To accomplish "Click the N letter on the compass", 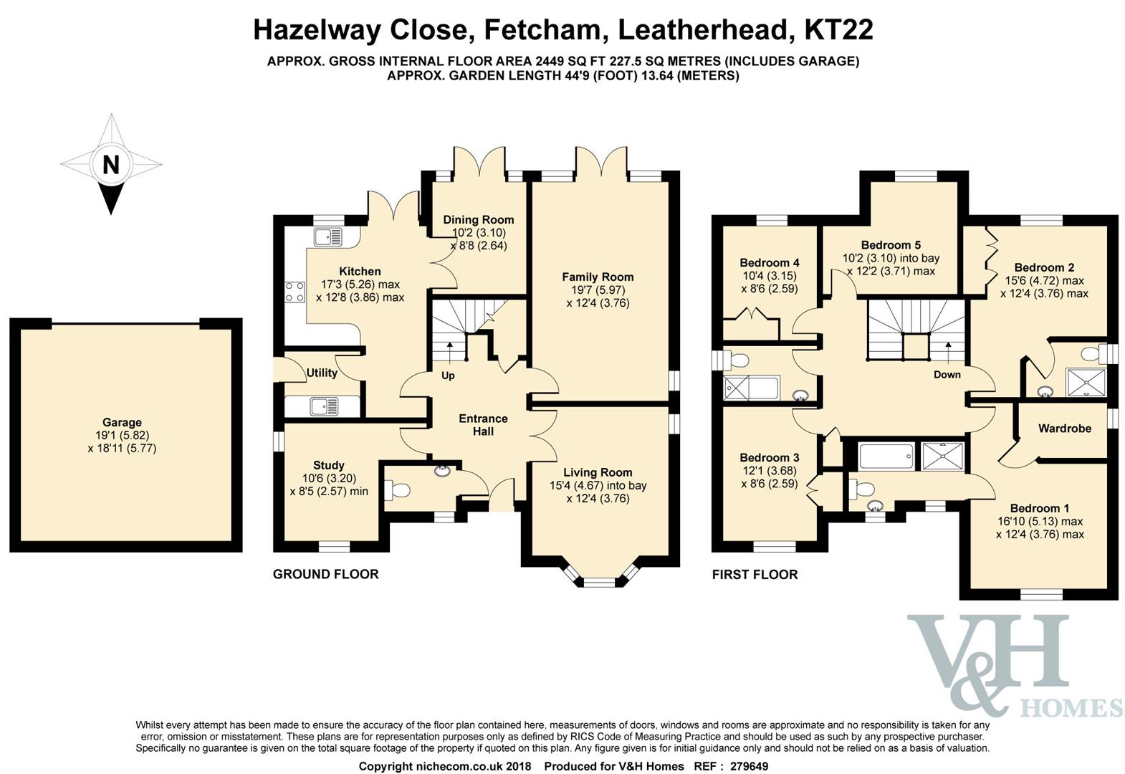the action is tap(111, 165).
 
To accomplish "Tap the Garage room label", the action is tap(122, 422).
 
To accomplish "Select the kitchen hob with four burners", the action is tap(295, 292).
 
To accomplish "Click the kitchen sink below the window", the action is tap(328, 237).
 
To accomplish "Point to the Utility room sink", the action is tap(325, 406).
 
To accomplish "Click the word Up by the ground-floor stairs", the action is tap(448, 376).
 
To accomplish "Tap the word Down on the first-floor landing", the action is tap(947, 375).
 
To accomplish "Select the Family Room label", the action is tap(598, 277).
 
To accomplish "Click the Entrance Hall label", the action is tap(483, 425).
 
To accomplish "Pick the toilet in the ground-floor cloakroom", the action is tap(397, 489).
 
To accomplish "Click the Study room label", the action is tap(328, 465).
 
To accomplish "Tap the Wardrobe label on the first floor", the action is tap(1065, 429).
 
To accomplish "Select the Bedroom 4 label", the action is tap(770, 263).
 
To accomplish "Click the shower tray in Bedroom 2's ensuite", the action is tap(1086, 383).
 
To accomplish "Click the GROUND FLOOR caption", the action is tap(325, 574).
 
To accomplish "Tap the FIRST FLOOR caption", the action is tap(755, 575).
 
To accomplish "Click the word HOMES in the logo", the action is tap(1072, 708).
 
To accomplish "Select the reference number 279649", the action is tap(750, 766).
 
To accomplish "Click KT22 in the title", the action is tap(838, 29).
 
